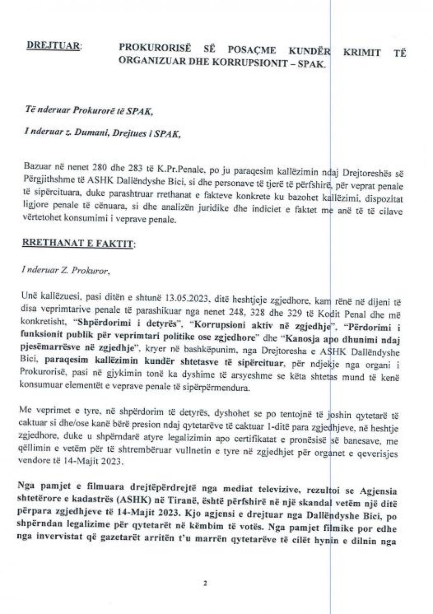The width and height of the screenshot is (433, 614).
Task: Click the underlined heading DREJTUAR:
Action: pos(54,47)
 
